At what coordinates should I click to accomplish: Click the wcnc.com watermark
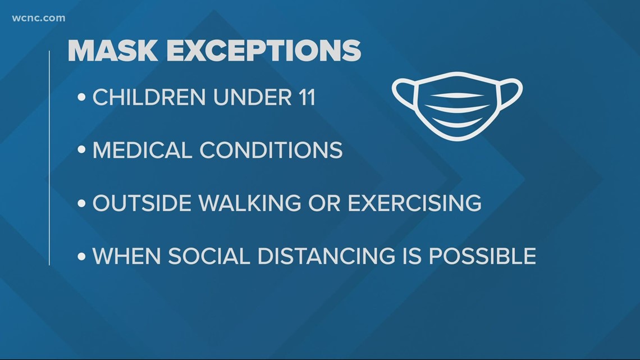pyautogui.click(x=38, y=18)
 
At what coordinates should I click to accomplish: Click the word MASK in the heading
pyautogui.click(x=113, y=51)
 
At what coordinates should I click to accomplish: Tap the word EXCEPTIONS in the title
pyautogui.click(x=264, y=51)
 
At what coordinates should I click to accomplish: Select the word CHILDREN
pyautogui.click(x=149, y=98)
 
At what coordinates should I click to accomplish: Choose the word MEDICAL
pyautogui.click(x=143, y=150)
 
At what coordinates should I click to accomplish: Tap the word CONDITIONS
pyautogui.click(x=271, y=150)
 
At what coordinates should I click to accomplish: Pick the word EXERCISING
pyautogui.click(x=414, y=203)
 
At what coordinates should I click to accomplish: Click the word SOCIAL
pyautogui.click(x=209, y=256)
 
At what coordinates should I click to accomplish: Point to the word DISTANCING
pyautogui.click(x=327, y=256)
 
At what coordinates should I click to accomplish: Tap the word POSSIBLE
pyautogui.click(x=482, y=256)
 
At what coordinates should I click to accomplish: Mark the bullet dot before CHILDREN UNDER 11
pyautogui.click(x=81, y=98)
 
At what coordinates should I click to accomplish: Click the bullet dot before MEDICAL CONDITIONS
pyautogui.click(x=81, y=150)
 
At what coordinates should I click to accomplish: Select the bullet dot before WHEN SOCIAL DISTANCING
pyautogui.click(x=81, y=256)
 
